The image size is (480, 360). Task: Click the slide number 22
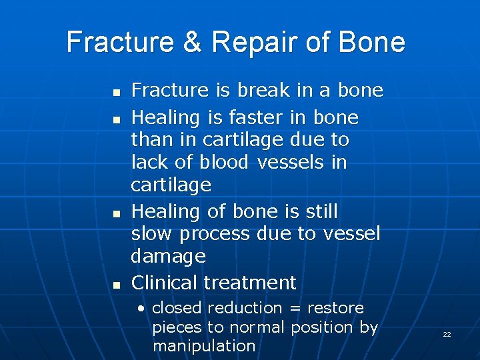pyautogui.click(x=447, y=334)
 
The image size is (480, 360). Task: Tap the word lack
pyautogui.click(x=146, y=162)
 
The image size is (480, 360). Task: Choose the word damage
pyautogui.click(x=168, y=257)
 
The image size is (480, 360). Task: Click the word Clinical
pyautogui.click(x=165, y=283)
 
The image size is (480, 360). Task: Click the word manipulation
pyautogui.click(x=203, y=346)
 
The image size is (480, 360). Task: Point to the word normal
pyautogui.click(x=256, y=327)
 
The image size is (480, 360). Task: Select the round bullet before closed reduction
pyautogui.click(x=141, y=309)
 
